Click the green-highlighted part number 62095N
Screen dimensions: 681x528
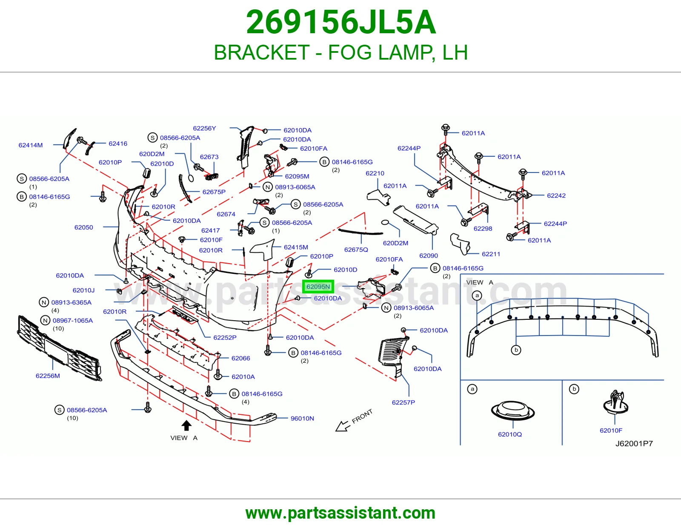(x=318, y=287)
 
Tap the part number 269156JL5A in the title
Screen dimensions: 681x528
(x=340, y=22)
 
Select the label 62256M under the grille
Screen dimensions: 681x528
(x=48, y=376)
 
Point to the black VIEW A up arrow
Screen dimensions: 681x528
(x=186, y=425)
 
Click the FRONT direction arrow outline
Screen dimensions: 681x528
(x=343, y=426)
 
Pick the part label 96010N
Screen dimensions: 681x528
(x=302, y=418)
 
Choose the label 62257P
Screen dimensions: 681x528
(x=403, y=402)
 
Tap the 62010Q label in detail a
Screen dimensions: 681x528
(x=510, y=434)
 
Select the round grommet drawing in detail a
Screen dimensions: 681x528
(x=513, y=410)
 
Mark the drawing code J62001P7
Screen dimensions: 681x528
(x=634, y=443)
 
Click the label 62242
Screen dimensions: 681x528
(x=556, y=195)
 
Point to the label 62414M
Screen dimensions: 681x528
(x=31, y=145)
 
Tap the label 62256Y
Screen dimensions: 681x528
(x=204, y=128)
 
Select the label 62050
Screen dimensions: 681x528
(x=84, y=227)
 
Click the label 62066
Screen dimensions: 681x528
(x=240, y=358)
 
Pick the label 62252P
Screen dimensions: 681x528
(x=225, y=337)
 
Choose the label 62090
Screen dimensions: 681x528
(x=429, y=255)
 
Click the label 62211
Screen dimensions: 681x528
(x=491, y=254)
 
